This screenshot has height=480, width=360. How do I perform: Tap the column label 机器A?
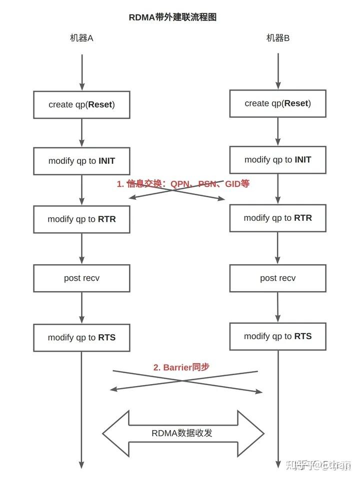(81, 38)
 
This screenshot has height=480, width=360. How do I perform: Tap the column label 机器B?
(277, 38)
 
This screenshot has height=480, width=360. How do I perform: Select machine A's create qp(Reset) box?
(81, 104)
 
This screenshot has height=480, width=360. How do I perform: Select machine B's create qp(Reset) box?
(277, 103)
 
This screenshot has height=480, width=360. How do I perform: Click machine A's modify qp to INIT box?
(81, 161)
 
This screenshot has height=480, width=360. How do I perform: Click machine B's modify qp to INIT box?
(277, 160)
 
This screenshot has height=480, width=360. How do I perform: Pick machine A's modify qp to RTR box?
(81, 219)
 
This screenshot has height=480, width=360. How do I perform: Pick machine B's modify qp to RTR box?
(277, 218)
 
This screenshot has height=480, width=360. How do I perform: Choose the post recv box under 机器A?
(81, 278)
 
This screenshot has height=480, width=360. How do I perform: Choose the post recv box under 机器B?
(277, 278)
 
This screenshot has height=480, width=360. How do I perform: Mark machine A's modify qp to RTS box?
(81, 338)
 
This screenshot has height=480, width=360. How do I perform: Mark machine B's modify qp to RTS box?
(277, 336)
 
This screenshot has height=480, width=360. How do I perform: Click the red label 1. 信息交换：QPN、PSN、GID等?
(183, 184)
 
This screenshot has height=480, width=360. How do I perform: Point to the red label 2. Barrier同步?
(181, 367)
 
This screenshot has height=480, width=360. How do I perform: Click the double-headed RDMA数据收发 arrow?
(182, 433)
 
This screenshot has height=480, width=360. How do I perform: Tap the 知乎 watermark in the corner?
(320, 466)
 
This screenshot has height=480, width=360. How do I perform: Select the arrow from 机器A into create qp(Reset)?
(82, 72)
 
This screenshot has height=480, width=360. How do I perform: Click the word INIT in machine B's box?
(302, 160)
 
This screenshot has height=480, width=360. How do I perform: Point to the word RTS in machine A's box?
(106, 338)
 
